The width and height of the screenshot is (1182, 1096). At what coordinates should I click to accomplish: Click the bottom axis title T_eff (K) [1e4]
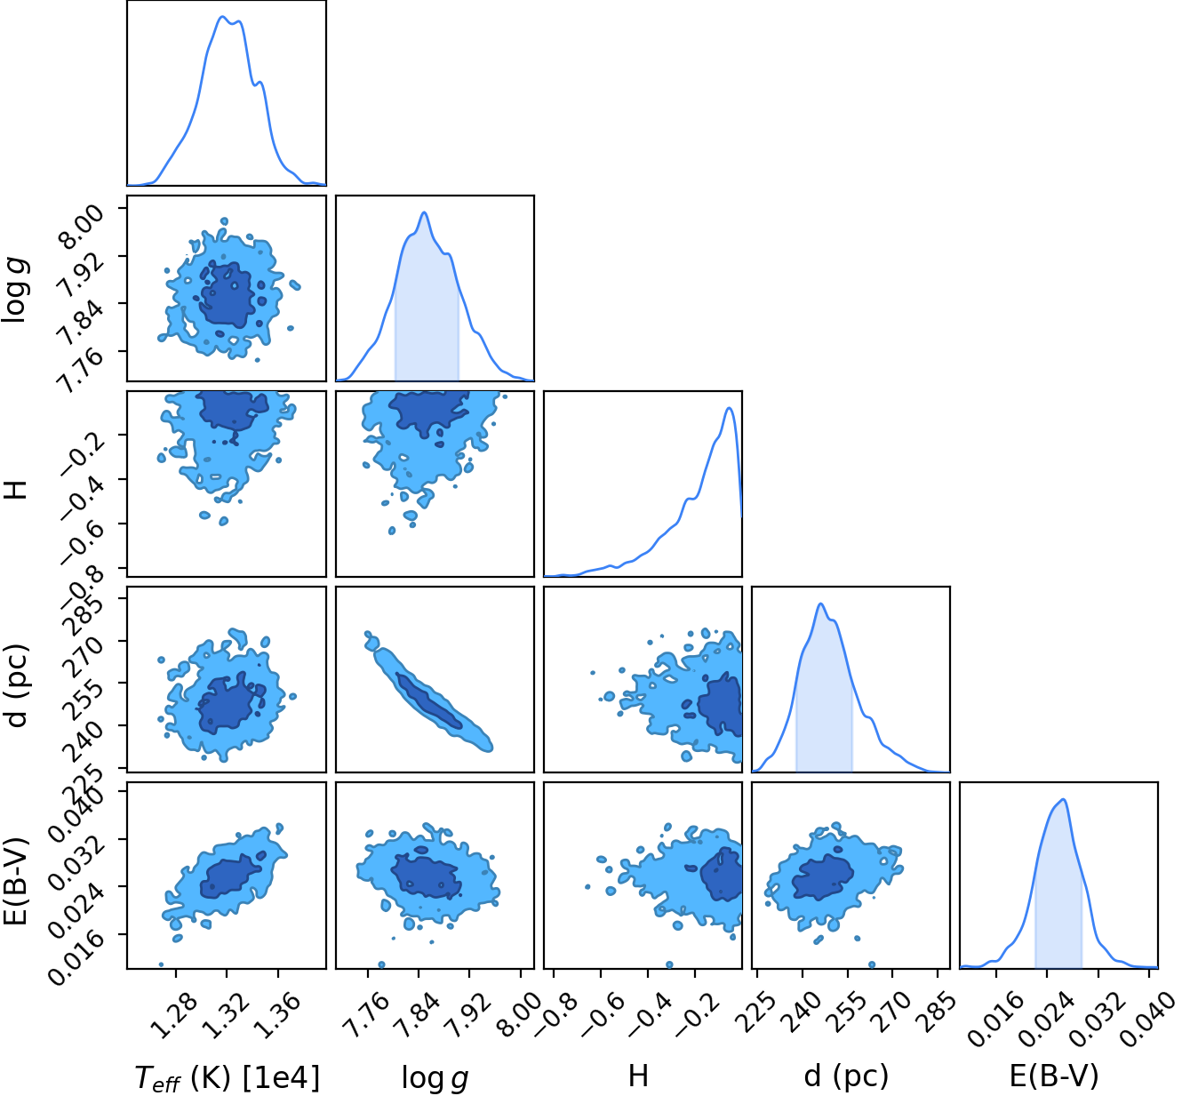click(x=228, y=1076)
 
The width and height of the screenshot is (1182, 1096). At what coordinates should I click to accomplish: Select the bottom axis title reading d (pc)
click(x=846, y=1076)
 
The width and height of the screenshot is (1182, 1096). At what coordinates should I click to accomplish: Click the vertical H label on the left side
click(x=17, y=490)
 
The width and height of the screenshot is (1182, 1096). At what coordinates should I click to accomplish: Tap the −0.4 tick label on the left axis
click(x=80, y=499)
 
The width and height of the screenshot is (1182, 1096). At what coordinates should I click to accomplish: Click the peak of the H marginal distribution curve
click(x=729, y=408)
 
